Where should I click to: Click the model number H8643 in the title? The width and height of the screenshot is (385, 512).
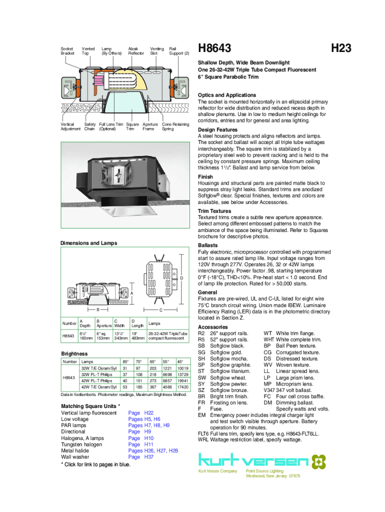click(214, 48)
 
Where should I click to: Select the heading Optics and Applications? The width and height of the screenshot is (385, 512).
click(227, 95)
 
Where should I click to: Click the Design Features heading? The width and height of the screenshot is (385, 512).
click(217, 130)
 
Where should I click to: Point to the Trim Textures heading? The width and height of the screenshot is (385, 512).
click(214, 211)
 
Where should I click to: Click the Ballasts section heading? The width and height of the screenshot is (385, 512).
click(207, 245)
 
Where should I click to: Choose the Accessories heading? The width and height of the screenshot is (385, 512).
click(213, 327)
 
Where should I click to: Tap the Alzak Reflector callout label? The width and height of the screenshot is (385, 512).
click(136, 50)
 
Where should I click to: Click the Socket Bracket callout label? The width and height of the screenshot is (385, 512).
click(67, 50)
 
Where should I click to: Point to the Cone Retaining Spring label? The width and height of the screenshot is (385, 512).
click(175, 126)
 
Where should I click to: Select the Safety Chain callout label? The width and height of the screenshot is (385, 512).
click(89, 126)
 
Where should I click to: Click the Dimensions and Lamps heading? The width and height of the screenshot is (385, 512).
click(88, 243)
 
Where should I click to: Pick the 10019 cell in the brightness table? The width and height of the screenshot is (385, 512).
click(182, 368)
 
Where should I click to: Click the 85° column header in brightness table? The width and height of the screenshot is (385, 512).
click(125, 361)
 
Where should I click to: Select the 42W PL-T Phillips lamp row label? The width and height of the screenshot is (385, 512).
click(99, 380)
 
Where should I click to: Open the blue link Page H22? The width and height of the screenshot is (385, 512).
click(140, 413)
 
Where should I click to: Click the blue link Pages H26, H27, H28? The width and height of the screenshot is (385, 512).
click(153, 450)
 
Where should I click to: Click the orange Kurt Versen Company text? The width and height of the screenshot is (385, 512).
click(217, 471)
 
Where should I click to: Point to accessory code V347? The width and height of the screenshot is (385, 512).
click(269, 390)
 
